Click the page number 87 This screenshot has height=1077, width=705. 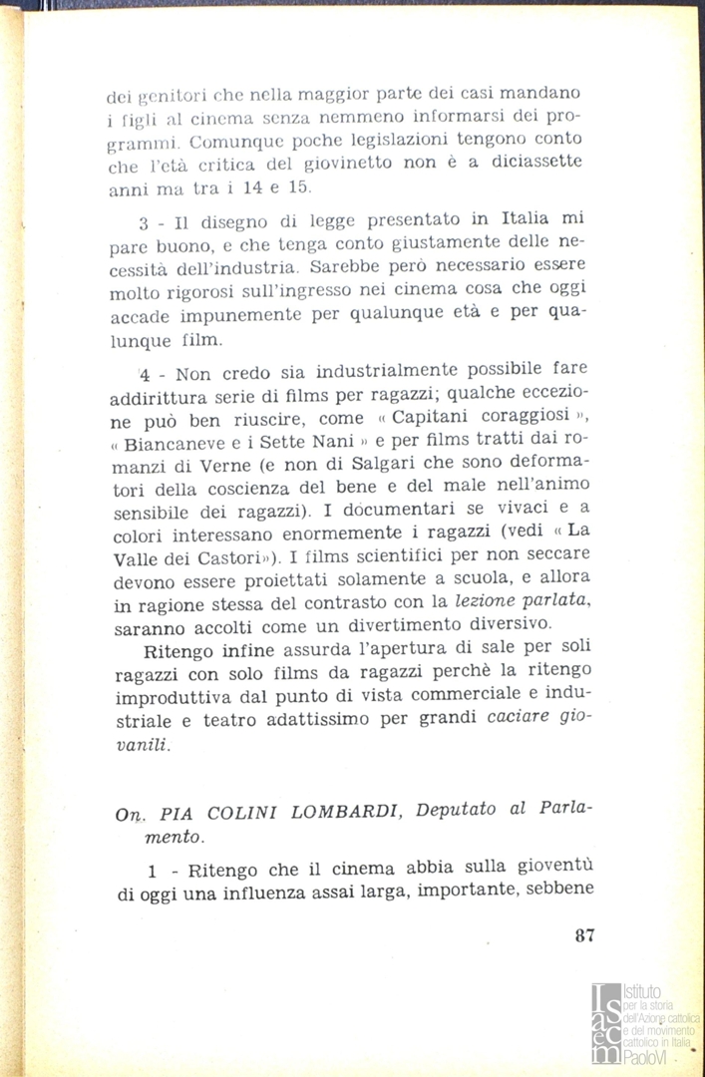(x=584, y=935)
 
